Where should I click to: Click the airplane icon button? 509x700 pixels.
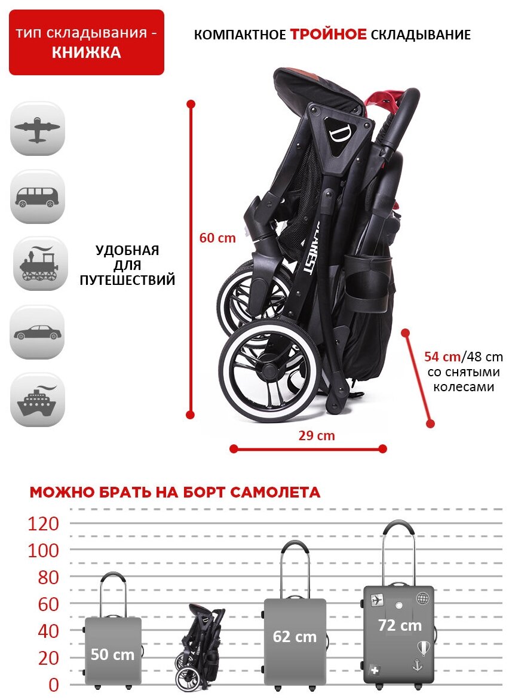point(37,128)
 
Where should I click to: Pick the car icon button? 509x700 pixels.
point(37,332)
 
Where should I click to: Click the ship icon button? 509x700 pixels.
point(37,400)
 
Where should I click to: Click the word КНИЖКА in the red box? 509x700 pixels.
point(86,53)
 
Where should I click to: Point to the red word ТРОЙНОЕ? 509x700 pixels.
point(329,35)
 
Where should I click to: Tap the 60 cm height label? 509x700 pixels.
point(217,238)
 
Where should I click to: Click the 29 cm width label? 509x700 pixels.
point(317,435)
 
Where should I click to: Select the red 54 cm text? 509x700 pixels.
point(441,357)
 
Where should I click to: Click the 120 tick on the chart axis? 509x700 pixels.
point(44,524)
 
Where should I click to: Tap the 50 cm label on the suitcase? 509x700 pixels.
point(112,654)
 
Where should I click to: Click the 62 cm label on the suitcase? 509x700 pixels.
point(295,637)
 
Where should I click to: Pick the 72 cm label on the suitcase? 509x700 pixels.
point(400,625)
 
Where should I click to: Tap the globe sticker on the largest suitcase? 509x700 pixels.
point(422,598)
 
